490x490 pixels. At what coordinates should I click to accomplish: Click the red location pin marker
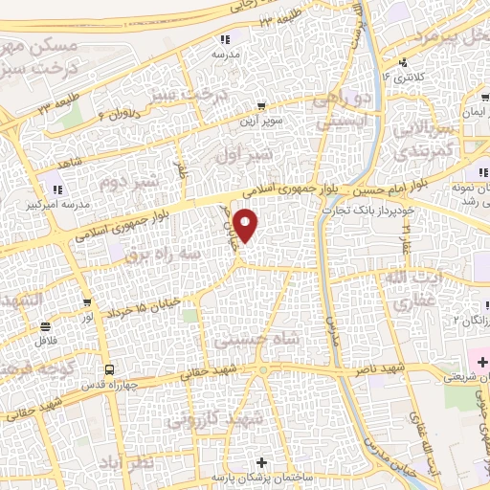point(247,225)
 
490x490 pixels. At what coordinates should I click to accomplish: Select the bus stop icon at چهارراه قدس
point(109,369)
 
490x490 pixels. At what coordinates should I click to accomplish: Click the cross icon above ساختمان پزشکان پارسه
point(263,463)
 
